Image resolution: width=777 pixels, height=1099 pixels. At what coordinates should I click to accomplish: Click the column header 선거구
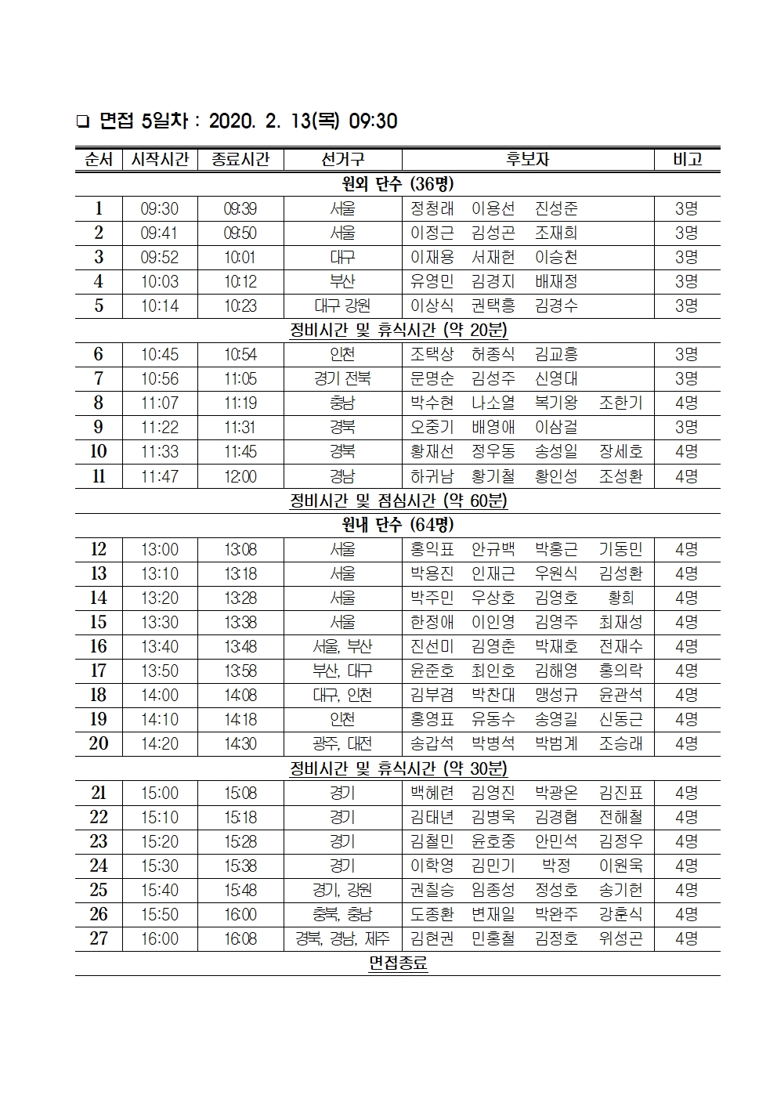coord(342,159)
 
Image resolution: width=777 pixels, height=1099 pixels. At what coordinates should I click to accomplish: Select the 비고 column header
coord(686,159)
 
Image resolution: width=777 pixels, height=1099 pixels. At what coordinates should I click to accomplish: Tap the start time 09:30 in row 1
coord(160,209)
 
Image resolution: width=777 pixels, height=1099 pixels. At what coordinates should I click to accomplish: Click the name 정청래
coord(432,209)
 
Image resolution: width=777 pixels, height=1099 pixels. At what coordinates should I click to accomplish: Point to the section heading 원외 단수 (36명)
coord(398,184)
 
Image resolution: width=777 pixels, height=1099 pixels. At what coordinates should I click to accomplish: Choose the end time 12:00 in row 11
coord(240,476)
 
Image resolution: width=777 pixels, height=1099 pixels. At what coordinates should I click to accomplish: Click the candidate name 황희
coord(620,598)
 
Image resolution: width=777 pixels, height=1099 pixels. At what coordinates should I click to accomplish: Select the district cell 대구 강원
coord(342,306)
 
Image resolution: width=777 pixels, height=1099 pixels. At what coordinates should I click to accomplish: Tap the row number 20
coord(99,743)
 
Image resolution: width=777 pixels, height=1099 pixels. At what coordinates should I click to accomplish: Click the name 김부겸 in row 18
coord(432,695)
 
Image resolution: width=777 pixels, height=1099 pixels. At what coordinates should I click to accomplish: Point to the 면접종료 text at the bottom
coord(398,963)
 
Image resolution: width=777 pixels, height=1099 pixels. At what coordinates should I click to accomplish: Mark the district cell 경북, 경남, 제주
coord(342,938)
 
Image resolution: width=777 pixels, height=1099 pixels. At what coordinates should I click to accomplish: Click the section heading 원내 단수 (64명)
coord(398,525)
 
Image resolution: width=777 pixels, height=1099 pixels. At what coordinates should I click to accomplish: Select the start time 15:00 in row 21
coord(160,794)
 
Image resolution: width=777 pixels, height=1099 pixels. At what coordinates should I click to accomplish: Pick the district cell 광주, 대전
coord(342,743)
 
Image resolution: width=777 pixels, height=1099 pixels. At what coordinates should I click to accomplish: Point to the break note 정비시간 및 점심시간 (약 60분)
coord(398,501)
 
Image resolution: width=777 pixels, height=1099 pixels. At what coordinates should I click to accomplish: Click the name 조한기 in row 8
coord(620,403)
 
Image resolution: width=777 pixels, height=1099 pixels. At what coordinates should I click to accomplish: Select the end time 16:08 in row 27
coord(240,938)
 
